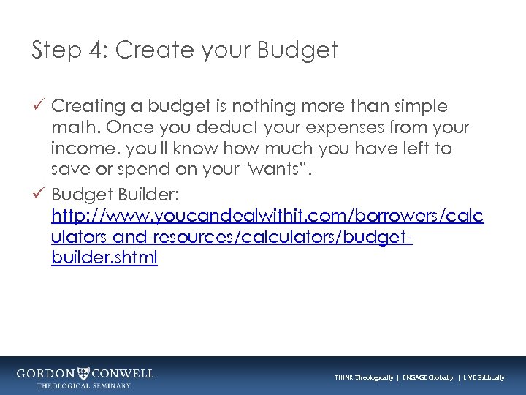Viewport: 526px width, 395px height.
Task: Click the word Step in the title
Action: coord(56,50)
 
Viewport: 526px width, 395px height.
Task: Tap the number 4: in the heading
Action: coord(97,50)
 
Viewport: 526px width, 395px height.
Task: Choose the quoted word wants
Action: coord(288,170)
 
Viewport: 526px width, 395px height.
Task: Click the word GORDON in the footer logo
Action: coord(45,373)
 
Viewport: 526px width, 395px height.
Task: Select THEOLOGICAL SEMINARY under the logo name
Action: coord(84,385)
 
